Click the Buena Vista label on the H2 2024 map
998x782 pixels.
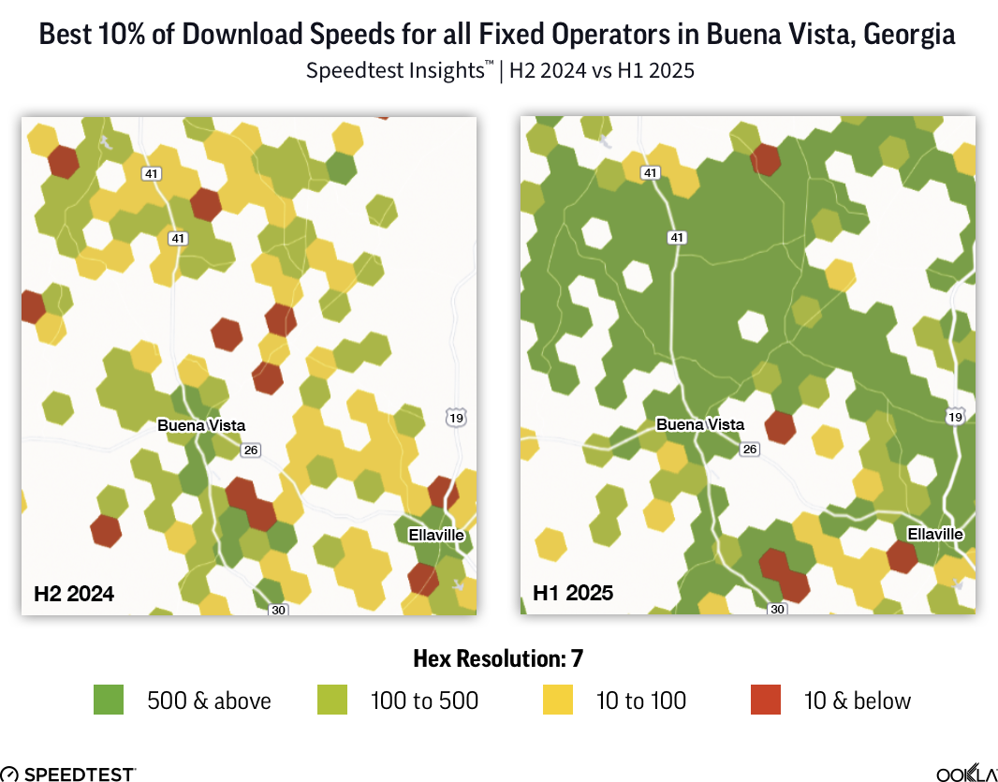[201, 425]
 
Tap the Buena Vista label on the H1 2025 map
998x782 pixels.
[700, 424]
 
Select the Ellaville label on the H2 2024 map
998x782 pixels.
[436, 535]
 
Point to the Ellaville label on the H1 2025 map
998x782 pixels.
[935, 534]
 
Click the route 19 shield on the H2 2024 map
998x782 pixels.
[456, 418]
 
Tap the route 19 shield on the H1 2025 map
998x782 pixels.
[955, 417]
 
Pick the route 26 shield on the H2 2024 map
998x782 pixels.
[250, 450]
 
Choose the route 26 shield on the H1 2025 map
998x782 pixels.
[749, 450]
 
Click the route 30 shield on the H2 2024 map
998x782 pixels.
[278, 610]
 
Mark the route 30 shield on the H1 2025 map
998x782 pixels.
[777, 609]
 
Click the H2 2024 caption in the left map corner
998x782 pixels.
[74, 593]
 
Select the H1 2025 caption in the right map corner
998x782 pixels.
[573, 592]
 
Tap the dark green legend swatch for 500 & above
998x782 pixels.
[109, 700]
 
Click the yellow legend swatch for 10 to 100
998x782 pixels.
[558, 700]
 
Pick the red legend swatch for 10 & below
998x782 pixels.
[766, 700]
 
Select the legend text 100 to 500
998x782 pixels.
[425, 701]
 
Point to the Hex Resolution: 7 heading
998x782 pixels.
[498, 658]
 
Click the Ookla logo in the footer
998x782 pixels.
[966, 774]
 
